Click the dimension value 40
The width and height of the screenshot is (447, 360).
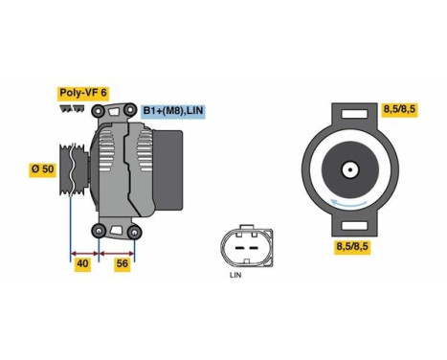[x=82, y=264]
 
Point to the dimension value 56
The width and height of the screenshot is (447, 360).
[x=122, y=264]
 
